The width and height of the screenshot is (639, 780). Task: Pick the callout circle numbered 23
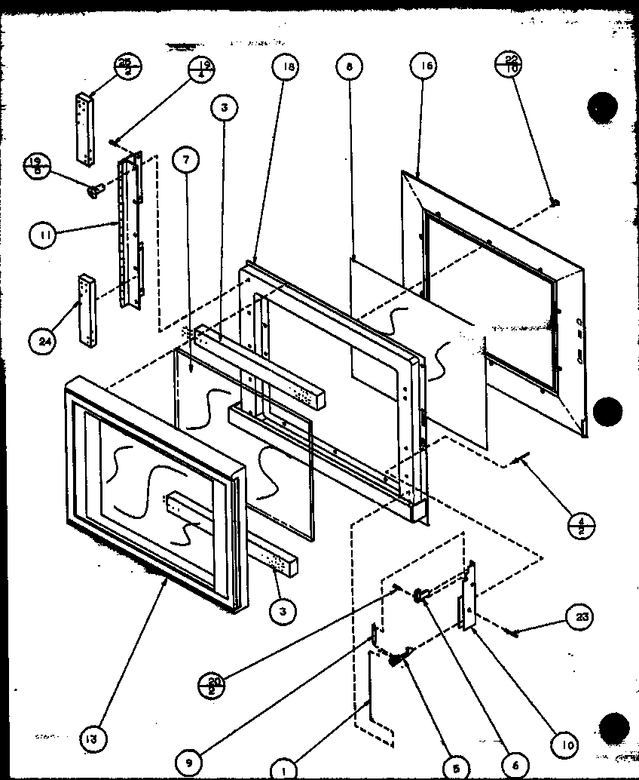pos(580,618)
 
